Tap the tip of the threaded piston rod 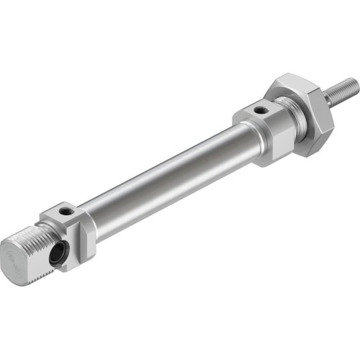(x=354, y=83)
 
